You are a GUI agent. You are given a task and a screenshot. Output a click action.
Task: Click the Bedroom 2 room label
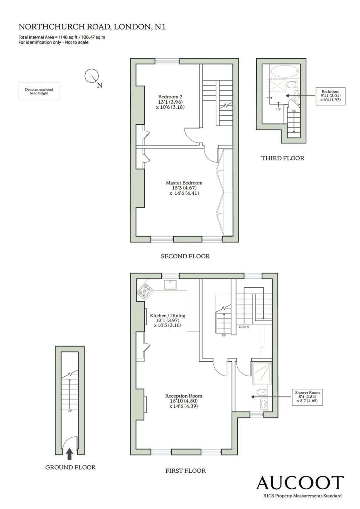tap(170, 102)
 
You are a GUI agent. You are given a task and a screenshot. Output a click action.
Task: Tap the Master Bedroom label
tap(184, 188)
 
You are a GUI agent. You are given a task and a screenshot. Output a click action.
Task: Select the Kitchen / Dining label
tap(167, 320)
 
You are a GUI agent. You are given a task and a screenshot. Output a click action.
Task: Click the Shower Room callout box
tap(308, 397)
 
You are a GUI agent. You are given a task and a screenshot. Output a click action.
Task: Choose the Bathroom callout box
tap(330, 96)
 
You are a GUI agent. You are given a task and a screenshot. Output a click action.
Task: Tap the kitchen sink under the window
tap(170, 284)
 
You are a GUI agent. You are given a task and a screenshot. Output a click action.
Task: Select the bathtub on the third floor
tap(285, 71)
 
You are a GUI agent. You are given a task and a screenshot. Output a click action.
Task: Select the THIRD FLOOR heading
tap(282, 158)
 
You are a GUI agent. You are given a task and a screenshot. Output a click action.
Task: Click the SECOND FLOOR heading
tap(185, 256)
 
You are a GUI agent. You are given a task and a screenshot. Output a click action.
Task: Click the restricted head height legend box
tap(39, 91)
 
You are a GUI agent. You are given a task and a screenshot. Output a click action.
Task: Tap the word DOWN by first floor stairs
tap(244, 327)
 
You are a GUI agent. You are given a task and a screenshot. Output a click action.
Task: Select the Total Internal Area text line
tap(62, 37)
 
